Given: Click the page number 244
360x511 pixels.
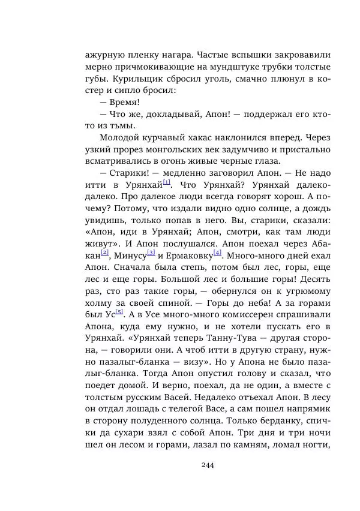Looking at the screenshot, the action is [208, 464].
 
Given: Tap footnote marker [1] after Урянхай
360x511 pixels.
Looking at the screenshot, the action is [166, 182].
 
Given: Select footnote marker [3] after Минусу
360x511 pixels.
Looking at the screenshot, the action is [151, 253].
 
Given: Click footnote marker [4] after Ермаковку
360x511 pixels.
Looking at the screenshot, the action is [218, 253].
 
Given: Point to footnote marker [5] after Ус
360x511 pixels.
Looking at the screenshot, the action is [119, 311].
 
